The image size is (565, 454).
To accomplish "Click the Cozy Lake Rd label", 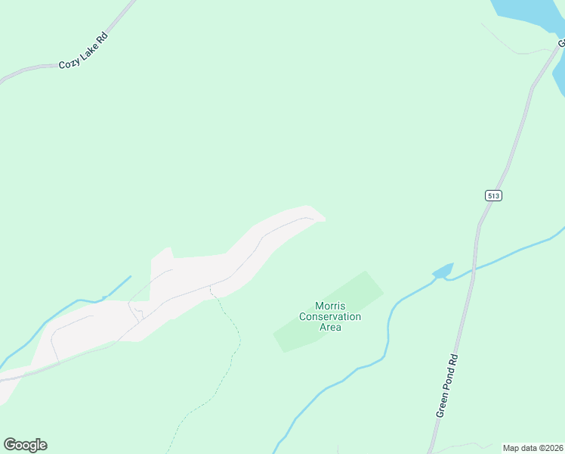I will point(83,51).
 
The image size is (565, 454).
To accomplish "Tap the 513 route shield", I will point(493,195).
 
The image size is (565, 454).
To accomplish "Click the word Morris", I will point(330,306).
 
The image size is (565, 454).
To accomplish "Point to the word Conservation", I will point(330,316).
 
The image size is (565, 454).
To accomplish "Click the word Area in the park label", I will point(330,327).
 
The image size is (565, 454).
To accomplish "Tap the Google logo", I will point(25,445).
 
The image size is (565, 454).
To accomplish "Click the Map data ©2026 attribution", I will point(533,448).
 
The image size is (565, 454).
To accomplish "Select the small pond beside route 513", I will point(443,270).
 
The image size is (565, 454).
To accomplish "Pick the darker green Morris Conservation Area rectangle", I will point(355,291).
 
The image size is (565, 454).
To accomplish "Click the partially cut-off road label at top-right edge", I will point(561,43).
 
